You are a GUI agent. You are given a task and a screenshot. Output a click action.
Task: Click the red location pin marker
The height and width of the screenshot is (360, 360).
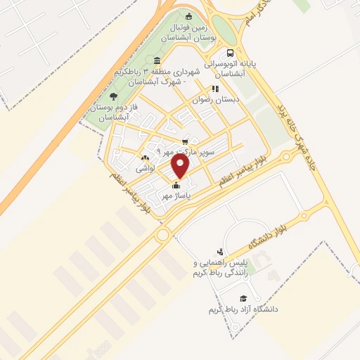181,167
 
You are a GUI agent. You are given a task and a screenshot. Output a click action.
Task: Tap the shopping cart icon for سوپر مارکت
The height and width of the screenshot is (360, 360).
186,141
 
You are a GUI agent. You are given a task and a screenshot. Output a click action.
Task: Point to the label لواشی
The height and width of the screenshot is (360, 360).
144,169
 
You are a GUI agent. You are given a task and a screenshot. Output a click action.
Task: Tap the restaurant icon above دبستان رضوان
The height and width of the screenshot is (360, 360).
215,89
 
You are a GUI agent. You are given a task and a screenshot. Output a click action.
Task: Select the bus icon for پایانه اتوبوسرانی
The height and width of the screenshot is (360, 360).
230,53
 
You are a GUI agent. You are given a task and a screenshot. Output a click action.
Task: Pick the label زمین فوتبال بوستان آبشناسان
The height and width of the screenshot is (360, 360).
188,31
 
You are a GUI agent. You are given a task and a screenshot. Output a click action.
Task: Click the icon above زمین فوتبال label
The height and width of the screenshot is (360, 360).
188,17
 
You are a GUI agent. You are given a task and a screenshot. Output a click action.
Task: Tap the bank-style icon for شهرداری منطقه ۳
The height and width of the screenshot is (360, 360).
155,72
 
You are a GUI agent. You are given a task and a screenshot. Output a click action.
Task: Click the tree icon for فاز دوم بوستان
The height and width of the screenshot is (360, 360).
114,96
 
